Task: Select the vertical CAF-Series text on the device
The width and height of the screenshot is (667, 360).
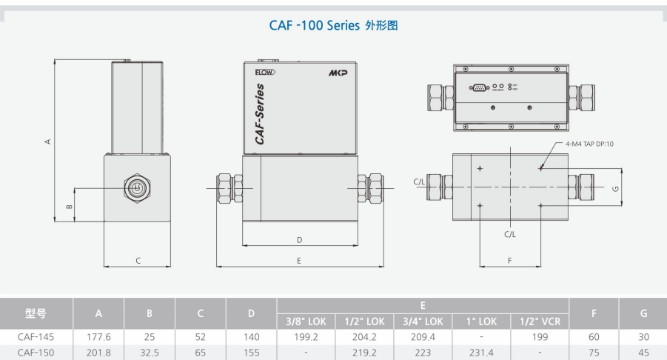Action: [x=259, y=113]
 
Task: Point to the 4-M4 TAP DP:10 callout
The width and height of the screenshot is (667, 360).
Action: [x=589, y=143]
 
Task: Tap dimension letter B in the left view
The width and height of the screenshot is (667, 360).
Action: [x=69, y=206]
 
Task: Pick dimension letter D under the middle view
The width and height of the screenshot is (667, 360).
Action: [x=299, y=239]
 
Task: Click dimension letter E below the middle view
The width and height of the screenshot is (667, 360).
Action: [x=299, y=260]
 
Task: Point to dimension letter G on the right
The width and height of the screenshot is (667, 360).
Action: [x=615, y=188]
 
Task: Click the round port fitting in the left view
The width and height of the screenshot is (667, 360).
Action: [x=135, y=188]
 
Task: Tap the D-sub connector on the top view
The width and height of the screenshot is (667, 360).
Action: [x=478, y=87]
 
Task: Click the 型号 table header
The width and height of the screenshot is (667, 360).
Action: [x=36, y=313]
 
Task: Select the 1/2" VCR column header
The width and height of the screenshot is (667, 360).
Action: [x=540, y=321]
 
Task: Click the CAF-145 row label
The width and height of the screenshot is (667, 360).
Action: [x=36, y=337]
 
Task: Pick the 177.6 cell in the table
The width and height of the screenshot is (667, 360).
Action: [x=98, y=337]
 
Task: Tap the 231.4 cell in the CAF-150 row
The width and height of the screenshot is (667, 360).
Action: [x=482, y=353]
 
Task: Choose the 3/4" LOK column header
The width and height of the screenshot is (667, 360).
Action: [x=423, y=321]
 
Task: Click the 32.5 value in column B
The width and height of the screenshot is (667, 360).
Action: [x=150, y=353]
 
